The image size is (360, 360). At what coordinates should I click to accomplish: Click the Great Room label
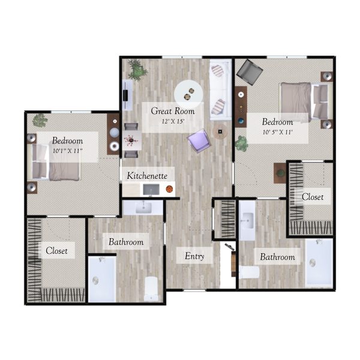[x=173, y=111]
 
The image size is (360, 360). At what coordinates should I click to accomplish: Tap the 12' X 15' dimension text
[x=173, y=121]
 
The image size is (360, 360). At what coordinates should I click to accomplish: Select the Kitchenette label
[x=147, y=176]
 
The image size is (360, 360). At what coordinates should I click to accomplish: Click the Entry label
[x=194, y=256]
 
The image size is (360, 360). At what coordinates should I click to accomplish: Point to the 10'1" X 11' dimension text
[x=67, y=151]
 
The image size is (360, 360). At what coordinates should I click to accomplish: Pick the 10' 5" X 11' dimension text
[x=277, y=132]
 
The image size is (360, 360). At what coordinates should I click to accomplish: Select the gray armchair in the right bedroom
[x=250, y=72]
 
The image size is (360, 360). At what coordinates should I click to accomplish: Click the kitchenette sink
[x=151, y=190]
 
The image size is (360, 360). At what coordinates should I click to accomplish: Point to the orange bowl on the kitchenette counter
[x=169, y=189]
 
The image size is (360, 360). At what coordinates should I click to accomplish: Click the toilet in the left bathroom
[x=151, y=289]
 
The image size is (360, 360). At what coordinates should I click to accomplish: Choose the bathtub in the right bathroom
[x=319, y=263]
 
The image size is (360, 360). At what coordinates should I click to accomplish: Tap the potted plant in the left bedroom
[x=40, y=121]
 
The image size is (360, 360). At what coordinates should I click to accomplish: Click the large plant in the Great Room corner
[x=137, y=70]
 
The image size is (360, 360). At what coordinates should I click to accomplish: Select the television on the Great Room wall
[x=125, y=95]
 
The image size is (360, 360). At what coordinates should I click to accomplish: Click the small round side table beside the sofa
[x=220, y=131]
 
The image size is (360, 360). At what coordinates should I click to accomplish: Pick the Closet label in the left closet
[x=57, y=250]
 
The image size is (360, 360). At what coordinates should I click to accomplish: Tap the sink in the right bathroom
[x=247, y=221]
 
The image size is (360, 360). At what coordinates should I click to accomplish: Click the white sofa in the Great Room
[x=220, y=89]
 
